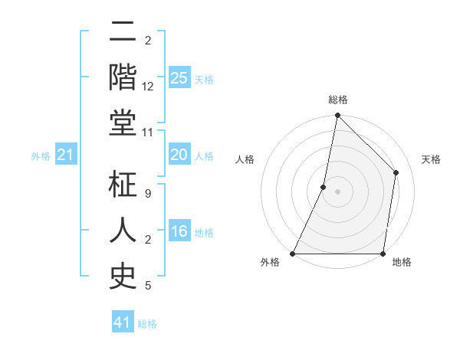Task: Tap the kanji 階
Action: (x=123, y=77)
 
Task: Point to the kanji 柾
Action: (x=123, y=185)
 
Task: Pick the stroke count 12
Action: (x=149, y=87)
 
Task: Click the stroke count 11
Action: (x=149, y=133)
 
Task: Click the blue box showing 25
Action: (x=179, y=77)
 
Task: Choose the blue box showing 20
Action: (x=179, y=155)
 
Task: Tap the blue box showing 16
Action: (x=179, y=231)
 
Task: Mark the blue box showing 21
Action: (x=65, y=155)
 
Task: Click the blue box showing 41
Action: (x=123, y=322)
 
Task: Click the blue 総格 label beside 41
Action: (x=147, y=324)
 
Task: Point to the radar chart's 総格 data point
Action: (x=337, y=116)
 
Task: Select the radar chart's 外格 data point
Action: (x=293, y=253)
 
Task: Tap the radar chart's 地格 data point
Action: (x=383, y=253)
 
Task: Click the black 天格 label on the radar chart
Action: (x=431, y=159)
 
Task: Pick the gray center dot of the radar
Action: (x=337, y=191)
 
